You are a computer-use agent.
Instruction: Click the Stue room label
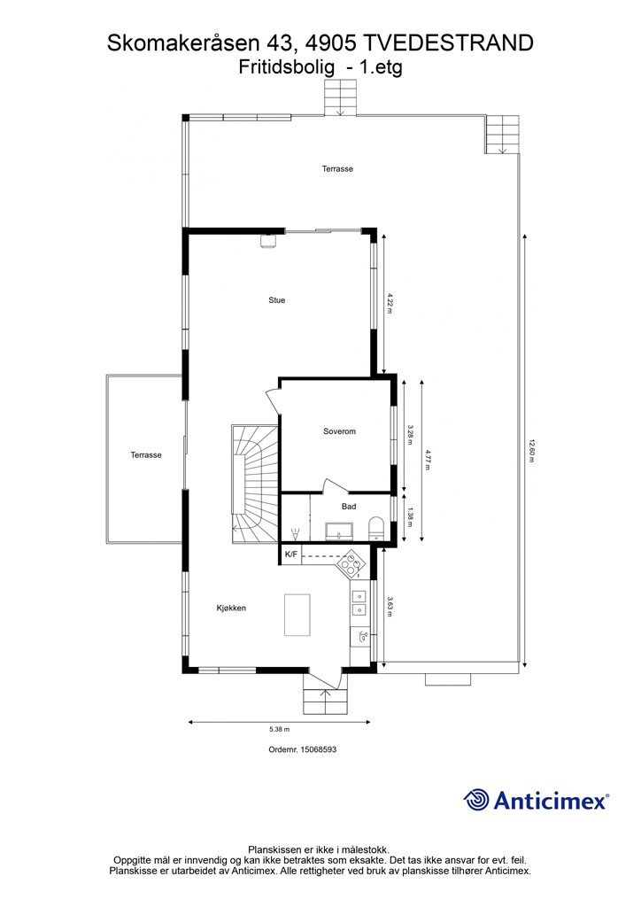coord(277,300)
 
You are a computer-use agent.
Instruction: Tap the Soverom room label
coord(339,431)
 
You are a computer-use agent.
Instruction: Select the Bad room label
coord(349,507)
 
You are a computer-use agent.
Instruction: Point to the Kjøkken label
coord(231,608)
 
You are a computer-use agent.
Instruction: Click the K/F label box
coord(291,554)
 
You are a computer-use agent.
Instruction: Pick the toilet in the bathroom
coord(376,527)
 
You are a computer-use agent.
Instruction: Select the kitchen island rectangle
coord(297,615)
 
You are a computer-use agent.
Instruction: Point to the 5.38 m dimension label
coord(280,730)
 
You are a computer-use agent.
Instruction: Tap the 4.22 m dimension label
coord(390,303)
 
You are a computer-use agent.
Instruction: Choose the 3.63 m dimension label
coord(390,606)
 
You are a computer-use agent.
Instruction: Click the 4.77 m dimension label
coord(428,460)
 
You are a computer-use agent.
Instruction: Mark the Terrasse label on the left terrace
coord(146,455)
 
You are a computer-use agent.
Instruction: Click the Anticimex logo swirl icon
coord(475,800)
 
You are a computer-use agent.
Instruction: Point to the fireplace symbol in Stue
coord(268,241)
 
